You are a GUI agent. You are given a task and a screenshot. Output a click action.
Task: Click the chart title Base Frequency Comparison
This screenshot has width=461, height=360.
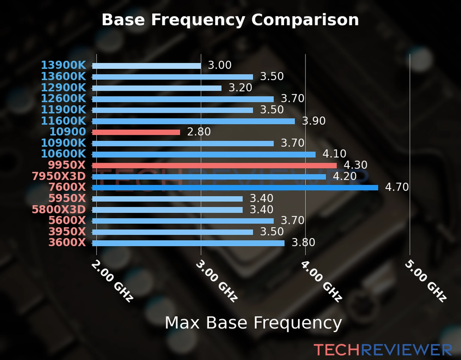(230, 20)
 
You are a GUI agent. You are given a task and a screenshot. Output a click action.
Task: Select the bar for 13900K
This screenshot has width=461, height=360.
(146, 66)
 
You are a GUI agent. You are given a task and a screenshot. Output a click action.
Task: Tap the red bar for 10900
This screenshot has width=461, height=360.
(136, 132)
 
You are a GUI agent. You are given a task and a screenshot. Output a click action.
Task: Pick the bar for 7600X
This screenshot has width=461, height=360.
(235, 188)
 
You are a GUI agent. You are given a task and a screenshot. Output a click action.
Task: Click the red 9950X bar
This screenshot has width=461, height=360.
(214, 166)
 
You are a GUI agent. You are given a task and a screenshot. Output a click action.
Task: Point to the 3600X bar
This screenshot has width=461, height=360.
(188, 243)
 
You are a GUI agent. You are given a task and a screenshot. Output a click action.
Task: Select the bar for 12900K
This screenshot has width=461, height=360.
(157, 88)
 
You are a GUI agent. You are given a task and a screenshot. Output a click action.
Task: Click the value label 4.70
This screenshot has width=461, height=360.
(396, 187)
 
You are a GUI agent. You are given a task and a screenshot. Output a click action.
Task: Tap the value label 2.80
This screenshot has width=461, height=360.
(199, 132)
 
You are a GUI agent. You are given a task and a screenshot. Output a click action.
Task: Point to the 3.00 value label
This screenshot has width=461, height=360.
(219, 65)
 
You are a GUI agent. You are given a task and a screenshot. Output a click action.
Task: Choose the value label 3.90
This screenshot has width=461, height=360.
(313, 121)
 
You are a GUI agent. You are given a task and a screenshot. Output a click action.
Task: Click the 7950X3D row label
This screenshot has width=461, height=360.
(59, 176)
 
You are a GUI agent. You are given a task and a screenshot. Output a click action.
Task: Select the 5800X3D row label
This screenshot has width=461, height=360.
(59, 209)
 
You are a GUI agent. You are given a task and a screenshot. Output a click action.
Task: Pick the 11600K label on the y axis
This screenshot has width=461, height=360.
(63, 121)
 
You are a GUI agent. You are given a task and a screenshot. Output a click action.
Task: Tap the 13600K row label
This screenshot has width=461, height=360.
(63, 76)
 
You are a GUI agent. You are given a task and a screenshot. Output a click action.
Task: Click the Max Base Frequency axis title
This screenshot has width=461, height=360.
(253, 323)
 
